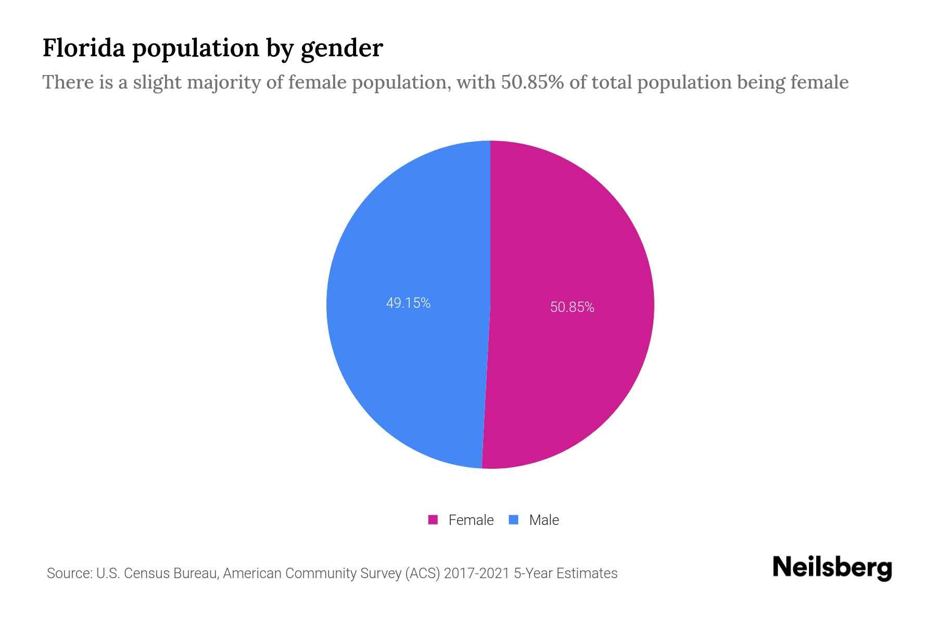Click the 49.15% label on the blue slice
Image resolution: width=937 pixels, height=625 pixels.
[408, 303]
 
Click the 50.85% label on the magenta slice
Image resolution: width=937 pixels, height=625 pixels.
[572, 307]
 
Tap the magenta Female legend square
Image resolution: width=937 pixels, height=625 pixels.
[433, 520]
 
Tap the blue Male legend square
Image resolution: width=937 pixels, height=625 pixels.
[514, 520]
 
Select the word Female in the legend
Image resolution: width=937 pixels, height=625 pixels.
[471, 520]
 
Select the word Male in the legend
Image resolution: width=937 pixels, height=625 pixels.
[544, 520]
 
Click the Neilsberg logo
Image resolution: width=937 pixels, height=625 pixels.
[832, 568]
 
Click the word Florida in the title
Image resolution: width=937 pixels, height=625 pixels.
[84, 48]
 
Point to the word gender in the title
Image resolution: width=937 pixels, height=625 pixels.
[341, 48]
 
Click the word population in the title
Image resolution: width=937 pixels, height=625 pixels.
[195, 48]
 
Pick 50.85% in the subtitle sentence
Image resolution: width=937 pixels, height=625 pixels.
[532, 82]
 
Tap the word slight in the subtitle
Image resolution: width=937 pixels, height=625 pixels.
[157, 82]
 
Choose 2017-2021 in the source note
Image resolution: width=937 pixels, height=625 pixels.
[476, 573]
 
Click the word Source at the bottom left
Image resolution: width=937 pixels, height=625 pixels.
[69, 573]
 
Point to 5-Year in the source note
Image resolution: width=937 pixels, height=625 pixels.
[533, 573]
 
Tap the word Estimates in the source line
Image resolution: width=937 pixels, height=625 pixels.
[587, 573]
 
